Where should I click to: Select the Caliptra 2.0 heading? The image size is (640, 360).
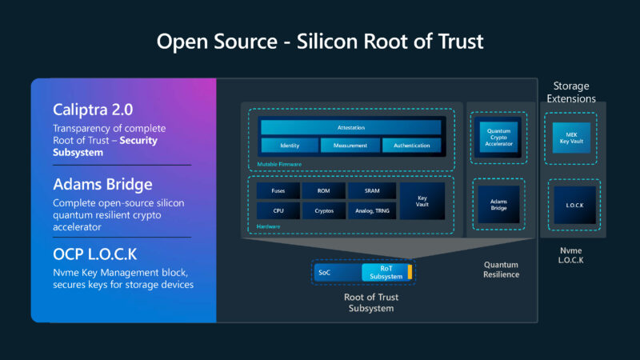[92, 110]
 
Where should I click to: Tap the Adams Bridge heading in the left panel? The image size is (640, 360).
[102, 184]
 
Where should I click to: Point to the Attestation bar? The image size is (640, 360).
[350, 127]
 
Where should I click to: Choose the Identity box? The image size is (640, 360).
[289, 146]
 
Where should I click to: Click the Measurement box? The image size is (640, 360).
[350, 146]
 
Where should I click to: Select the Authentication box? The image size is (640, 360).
[411, 146]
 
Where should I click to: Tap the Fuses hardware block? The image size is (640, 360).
[278, 190]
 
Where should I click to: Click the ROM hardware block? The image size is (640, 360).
[324, 190]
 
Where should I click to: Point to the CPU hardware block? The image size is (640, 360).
[278, 211]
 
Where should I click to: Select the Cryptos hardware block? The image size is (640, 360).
[324, 211]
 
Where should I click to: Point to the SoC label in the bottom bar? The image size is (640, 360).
[325, 273]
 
